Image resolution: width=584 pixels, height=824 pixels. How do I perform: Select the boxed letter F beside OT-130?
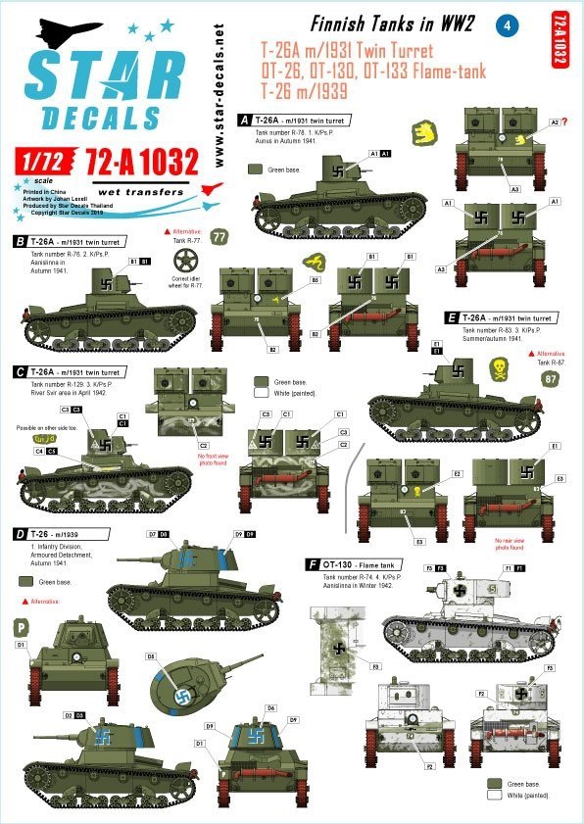click(312, 565)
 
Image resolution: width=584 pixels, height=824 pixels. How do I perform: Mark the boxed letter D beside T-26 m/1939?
click(20, 534)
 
